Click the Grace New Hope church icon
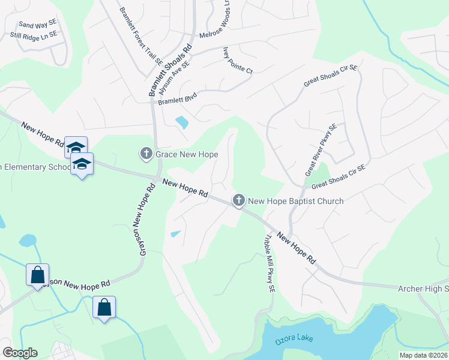click(x=146, y=154)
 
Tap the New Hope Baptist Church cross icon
click(x=239, y=200)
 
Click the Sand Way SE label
click(x=38, y=24)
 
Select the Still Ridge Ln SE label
click(x=34, y=35)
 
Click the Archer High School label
click(x=423, y=289)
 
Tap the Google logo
click(x=20, y=353)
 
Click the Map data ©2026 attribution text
click(x=423, y=355)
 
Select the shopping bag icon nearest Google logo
click(x=37, y=275)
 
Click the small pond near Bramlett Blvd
click(x=181, y=123)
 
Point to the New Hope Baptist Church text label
click(x=296, y=201)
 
